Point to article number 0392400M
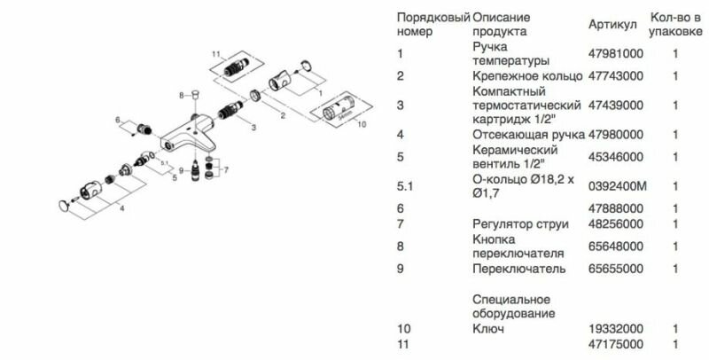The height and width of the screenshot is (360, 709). pyautogui.click(x=617, y=186)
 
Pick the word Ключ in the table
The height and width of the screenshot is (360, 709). pyautogui.click(x=487, y=330)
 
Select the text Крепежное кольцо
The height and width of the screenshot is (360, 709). pyautogui.click(x=526, y=76)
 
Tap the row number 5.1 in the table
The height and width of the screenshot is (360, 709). pyautogui.click(x=407, y=186)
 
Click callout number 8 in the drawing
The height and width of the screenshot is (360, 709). pyautogui.click(x=181, y=93)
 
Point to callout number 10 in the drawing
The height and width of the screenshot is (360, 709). pyautogui.click(x=360, y=125)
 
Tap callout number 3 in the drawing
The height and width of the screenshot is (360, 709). pyautogui.click(x=253, y=128)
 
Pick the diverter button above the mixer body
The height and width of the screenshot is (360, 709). pyautogui.click(x=195, y=92)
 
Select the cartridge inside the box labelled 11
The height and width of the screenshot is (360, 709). pyautogui.click(x=238, y=66)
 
